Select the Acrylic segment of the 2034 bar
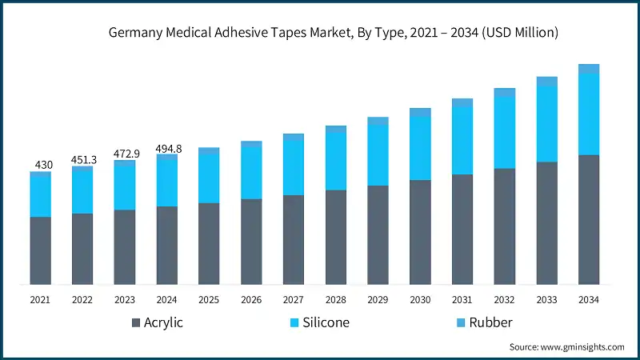pos(589,219)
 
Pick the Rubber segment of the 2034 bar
pos(589,69)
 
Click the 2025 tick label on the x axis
pos(209,299)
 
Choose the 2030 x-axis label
pos(420,299)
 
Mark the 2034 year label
pos(589,299)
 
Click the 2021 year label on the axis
pos(41,299)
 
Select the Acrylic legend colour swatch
pos(136,323)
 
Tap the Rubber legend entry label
pos(490,323)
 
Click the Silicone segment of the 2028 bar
pos(336,160)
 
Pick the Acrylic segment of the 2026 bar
pos(251,242)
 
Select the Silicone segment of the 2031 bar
pos(462,140)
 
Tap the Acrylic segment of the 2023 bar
pos(125,247)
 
